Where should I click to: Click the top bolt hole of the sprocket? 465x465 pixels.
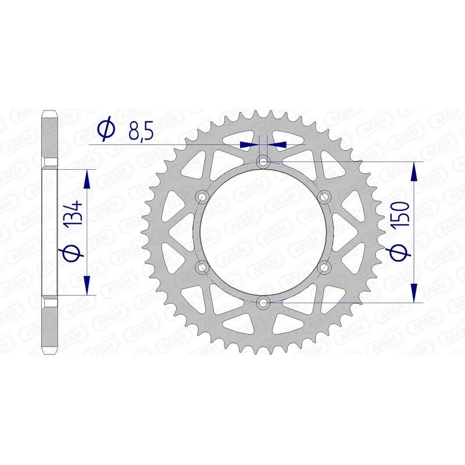(x=263, y=161)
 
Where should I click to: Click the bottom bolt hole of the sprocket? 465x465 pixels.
(x=263, y=302)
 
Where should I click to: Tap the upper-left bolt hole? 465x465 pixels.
(x=203, y=196)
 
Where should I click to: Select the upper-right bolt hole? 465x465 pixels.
(x=324, y=196)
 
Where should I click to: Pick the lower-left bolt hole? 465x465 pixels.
(x=203, y=267)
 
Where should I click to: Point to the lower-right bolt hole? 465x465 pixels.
(x=324, y=267)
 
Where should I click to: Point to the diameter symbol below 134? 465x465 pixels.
(x=74, y=253)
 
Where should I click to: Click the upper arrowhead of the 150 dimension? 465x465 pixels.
(x=414, y=171)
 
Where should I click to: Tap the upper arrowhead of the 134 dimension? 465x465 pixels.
(x=87, y=179)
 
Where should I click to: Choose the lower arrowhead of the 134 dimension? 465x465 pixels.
(x=87, y=285)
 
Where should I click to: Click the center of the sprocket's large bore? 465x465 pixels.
(x=263, y=231)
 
